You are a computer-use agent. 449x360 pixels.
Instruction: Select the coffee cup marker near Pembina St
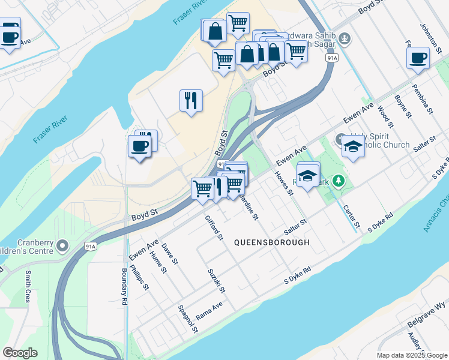pyautogui.click(x=418, y=58)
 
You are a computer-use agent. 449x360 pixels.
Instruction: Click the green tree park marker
pyautogui.click(x=339, y=181)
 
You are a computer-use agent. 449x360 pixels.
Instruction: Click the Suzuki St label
pyautogui.click(x=216, y=281)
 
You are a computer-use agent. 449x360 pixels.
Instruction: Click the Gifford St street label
pyautogui.click(x=214, y=229)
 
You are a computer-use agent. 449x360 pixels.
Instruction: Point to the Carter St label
pyautogui.click(x=352, y=217)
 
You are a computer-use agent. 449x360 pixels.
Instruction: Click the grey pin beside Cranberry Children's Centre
pyautogui.click(x=64, y=246)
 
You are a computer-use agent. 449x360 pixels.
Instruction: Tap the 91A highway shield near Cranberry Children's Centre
pyautogui.click(x=90, y=246)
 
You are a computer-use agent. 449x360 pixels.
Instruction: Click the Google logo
pyautogui.click(x=20, y=353)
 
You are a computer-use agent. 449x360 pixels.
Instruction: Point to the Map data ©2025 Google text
pyautogui.click(x=411, y=355)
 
